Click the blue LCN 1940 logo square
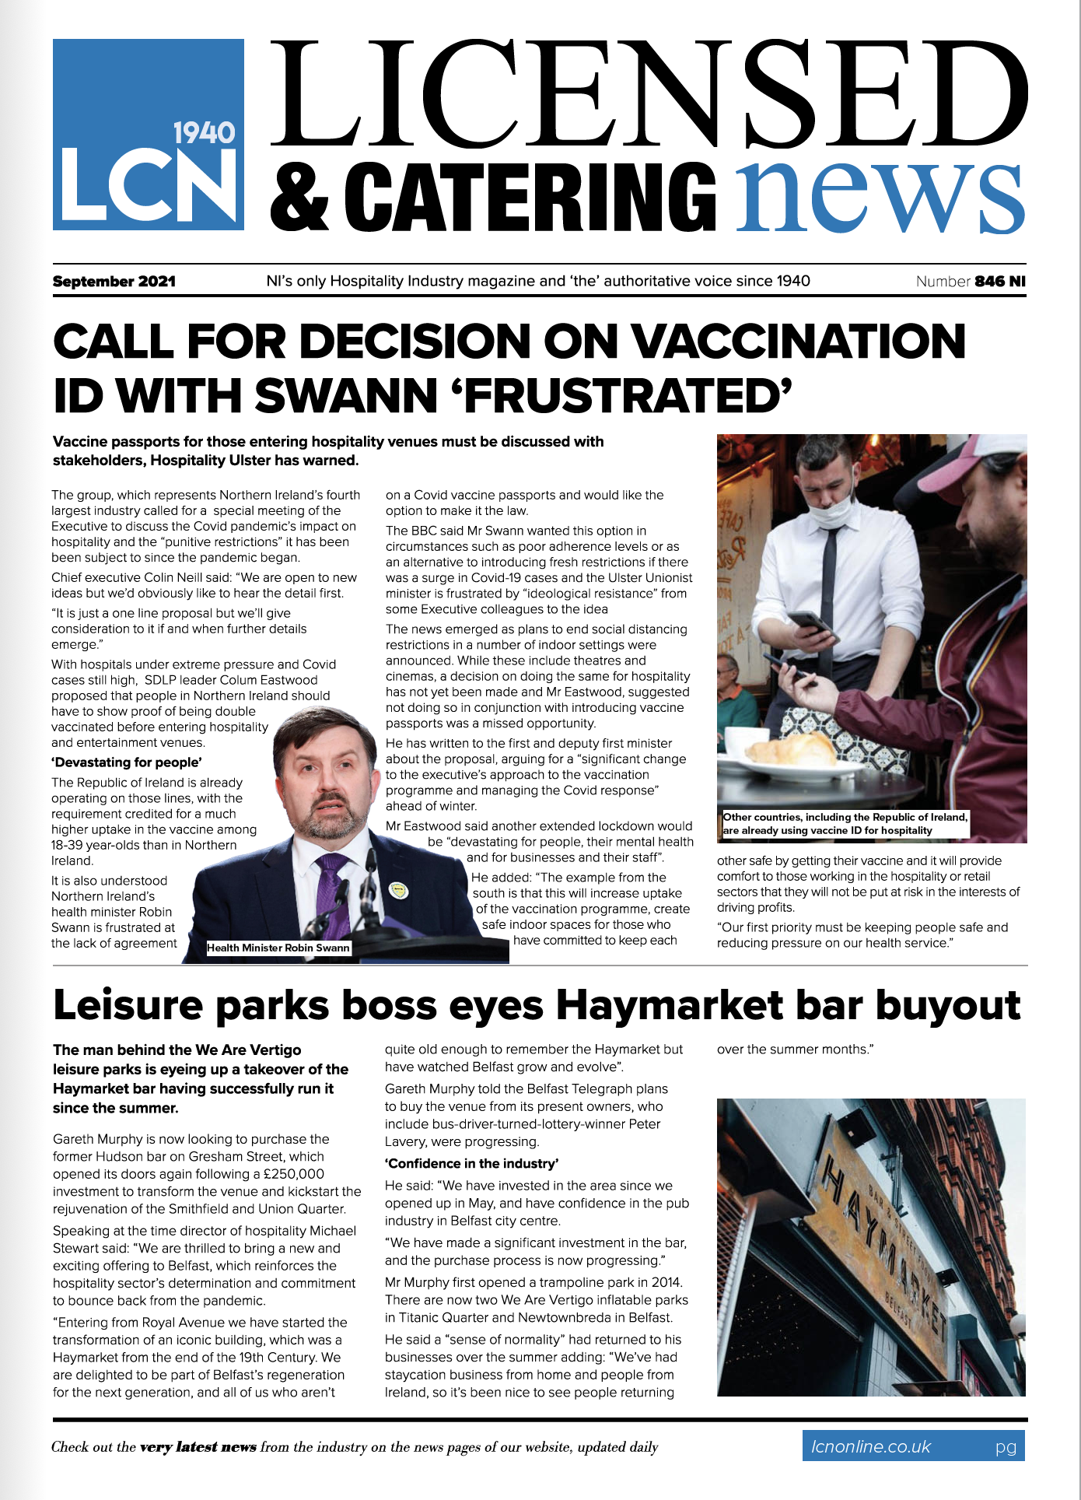tap(148, 135)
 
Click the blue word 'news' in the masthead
tap(880, 194)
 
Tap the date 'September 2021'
tap(114, 282)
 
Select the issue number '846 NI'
tap(1000, 282)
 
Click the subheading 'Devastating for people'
tap(127, 762)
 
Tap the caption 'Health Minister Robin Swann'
tap(278, 948)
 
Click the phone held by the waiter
tap(810, 622)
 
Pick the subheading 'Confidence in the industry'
tap(471, 1164)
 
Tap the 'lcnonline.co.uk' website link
tap(870, 1446)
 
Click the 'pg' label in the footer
tap(1006, 1447)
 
